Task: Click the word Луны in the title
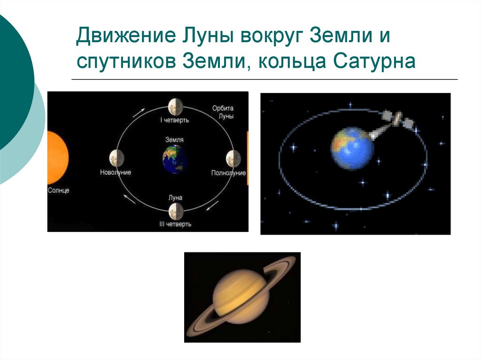coord(210,37)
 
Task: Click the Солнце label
coord(58,191)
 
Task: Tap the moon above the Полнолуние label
coord(233,158)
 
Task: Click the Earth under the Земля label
coord(175,158)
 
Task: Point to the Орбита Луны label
coord(223,112)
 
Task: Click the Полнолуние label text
coord(228,173)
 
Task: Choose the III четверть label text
coord(175,224)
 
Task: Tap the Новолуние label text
coord(116,172)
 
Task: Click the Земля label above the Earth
coord(175,140)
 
